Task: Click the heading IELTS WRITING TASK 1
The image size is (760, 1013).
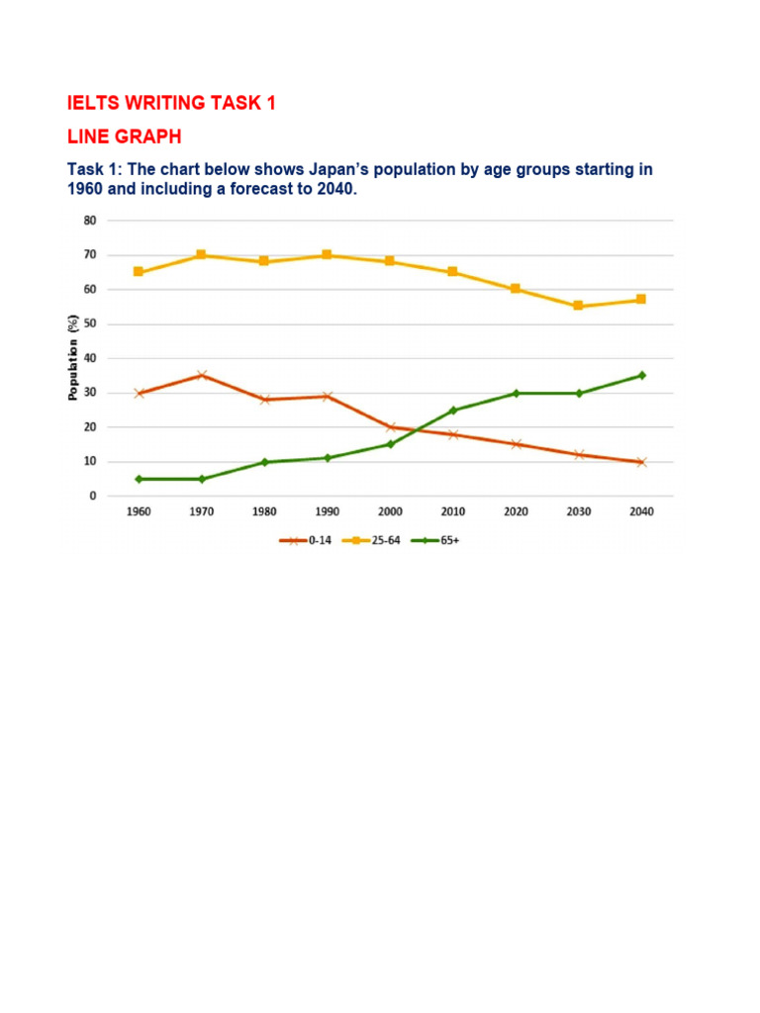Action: pyautogui.click(x=171, y=103)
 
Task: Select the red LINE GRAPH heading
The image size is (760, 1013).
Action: pyautogui.click(x=124, y=136)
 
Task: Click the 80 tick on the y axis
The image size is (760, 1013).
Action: pyautogui.click(x=90, y=221)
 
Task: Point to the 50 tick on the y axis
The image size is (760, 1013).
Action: pyautogui.click(x=90, y=323)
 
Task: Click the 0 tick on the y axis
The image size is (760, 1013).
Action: pyautogui.click(x=93, y=496)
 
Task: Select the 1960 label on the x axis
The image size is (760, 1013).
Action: pyautogui.click(x=139, y=511)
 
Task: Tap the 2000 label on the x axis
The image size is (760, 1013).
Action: pyautogui.click(x=390, y=511)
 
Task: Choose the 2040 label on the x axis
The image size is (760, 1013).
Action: pyautogui.click(x=641, y=511)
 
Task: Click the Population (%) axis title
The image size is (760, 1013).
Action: pyautogui.click(x=73, y=358)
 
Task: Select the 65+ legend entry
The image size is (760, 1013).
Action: pyautogui.click(x=430, y=540)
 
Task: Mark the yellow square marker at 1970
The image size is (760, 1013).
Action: pyautogui.click(x=202, y=255)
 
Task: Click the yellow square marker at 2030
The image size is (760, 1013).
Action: pyautogui.click(x=579, y=307)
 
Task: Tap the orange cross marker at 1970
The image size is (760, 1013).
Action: pyautogui.click(x=202, y=375)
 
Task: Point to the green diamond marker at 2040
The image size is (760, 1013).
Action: pyautogui.click(x=641, y=375)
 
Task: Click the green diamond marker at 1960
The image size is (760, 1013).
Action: pyautogui.click(x=139, y=479)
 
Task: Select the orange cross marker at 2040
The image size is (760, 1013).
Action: pyautogui.click(x=641, y=462)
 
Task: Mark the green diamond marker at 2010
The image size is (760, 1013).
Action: pyautogui.click(x=453, y=410)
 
